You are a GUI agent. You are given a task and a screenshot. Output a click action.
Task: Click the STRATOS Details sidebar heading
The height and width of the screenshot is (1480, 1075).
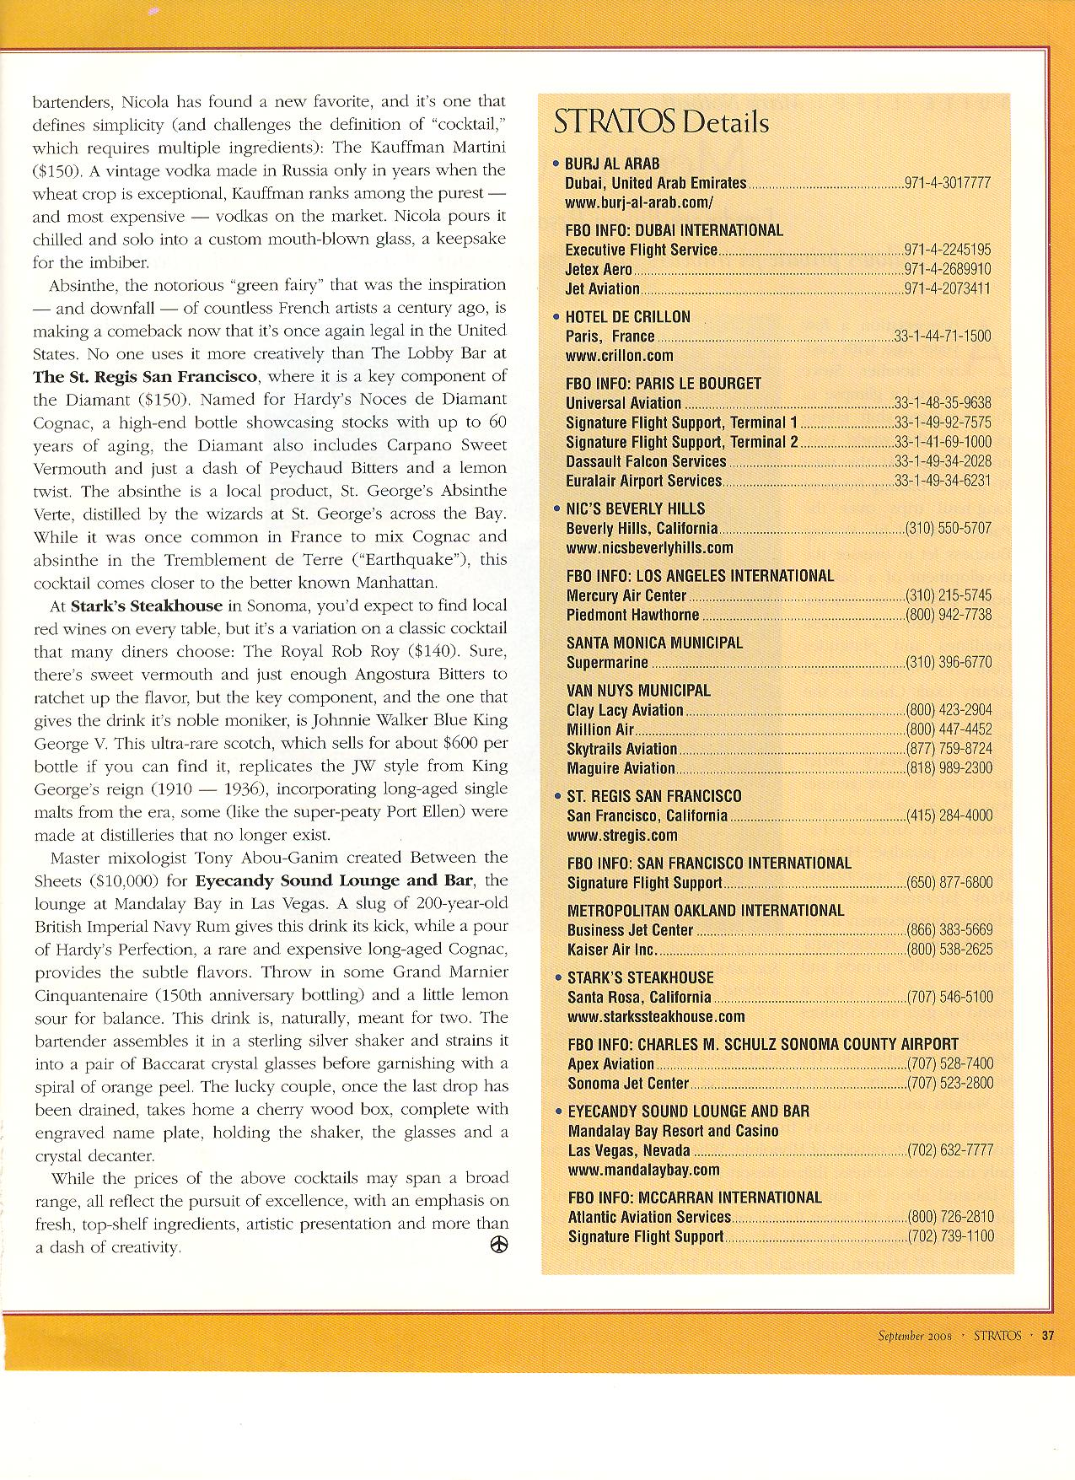(661, 122)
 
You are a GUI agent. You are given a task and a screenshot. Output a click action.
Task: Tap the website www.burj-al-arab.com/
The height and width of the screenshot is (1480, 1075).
(639, 202)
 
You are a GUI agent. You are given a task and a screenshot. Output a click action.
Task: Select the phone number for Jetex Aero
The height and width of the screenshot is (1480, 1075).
(947, 270)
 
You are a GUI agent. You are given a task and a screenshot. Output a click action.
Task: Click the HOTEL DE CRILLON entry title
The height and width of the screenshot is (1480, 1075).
(628, 317)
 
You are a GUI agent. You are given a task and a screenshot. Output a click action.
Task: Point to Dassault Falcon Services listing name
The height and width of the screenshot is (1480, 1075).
(646, 461)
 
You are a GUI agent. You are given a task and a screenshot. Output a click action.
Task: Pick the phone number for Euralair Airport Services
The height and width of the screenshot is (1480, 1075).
(943, 481)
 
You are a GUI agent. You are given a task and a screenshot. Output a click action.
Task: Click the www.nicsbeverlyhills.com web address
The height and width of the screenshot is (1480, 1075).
(649, 548)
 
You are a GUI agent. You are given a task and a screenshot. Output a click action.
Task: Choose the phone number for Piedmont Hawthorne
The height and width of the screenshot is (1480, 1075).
(949, 615)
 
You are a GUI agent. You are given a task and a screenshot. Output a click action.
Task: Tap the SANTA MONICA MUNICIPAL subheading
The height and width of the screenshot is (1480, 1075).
(654, 643)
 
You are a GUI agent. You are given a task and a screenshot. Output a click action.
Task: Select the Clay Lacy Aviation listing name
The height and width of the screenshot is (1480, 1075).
(625, 710)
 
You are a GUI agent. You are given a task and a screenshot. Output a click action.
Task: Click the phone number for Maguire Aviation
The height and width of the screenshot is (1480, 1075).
(949, 768)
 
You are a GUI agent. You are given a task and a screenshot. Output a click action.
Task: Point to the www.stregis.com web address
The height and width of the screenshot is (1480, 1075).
(622, 836)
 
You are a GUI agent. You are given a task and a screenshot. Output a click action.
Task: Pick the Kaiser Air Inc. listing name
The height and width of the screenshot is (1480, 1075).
(611, 950)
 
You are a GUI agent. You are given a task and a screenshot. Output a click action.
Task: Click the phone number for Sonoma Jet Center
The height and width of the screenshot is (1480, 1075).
(950, 1084)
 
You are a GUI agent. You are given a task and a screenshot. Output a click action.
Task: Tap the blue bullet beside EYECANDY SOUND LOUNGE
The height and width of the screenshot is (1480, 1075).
(556, 1111)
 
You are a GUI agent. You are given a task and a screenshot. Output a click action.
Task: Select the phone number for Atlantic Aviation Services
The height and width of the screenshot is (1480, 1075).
(950, 1217)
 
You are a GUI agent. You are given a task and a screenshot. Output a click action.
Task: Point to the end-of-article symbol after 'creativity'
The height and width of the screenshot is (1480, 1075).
(499, 1246)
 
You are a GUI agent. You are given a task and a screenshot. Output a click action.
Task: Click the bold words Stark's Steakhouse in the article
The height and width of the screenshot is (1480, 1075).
(147, 605)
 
